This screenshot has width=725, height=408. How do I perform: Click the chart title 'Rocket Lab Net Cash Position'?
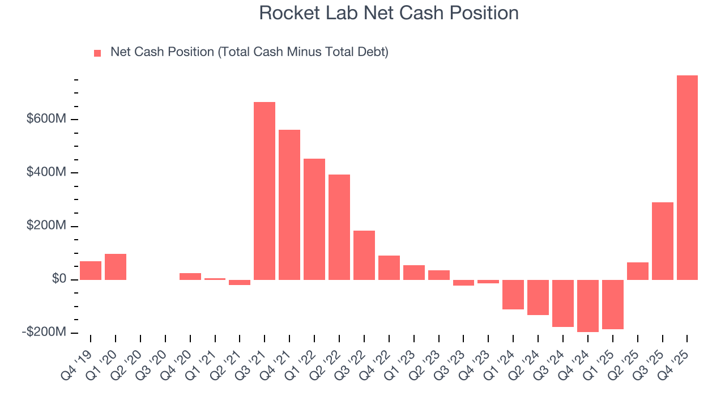[389, 13]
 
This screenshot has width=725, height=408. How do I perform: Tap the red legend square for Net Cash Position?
[97, 53]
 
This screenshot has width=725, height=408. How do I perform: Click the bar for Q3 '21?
[265, 191]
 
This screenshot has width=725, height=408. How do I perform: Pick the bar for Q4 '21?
[289, 205]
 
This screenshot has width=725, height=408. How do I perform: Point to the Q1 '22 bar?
[314, 219]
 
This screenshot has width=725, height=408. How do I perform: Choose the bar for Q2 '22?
[339, 227]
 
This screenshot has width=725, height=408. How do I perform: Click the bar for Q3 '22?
[364, 255]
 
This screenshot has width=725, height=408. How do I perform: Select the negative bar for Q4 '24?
[588, 305]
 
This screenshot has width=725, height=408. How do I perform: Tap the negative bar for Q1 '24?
[513, 294]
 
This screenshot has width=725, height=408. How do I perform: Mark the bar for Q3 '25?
[663, 241]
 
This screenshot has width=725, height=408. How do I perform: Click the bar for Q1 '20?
[116, 267]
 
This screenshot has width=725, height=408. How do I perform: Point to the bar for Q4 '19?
[91, 270]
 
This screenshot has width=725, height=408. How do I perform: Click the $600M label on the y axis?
[46, 119]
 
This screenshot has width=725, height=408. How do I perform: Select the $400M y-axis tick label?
[46, 172]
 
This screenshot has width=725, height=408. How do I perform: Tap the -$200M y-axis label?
[44, 332]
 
